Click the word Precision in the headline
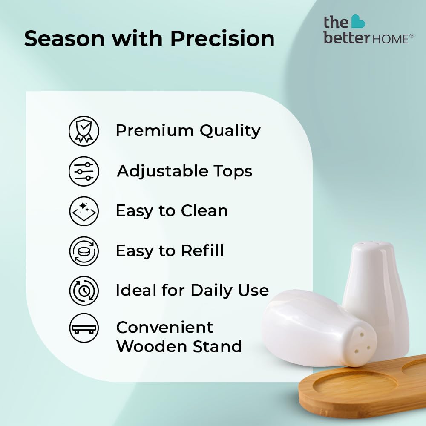pos(222,38)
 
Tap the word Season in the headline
pos(64,39)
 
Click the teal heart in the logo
pos(358,21)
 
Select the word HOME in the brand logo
pos(390,39)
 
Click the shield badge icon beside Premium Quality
pos(84,131)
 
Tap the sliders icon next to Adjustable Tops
pos(84,171)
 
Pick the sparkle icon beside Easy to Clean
pos(84,211)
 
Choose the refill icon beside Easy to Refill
pos(84,251)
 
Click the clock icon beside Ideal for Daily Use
pos(84,291)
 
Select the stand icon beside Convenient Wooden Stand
pos(84,328)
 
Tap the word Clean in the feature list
pos(204,211)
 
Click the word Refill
pos(202,250)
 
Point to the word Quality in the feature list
pos(230,131)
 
